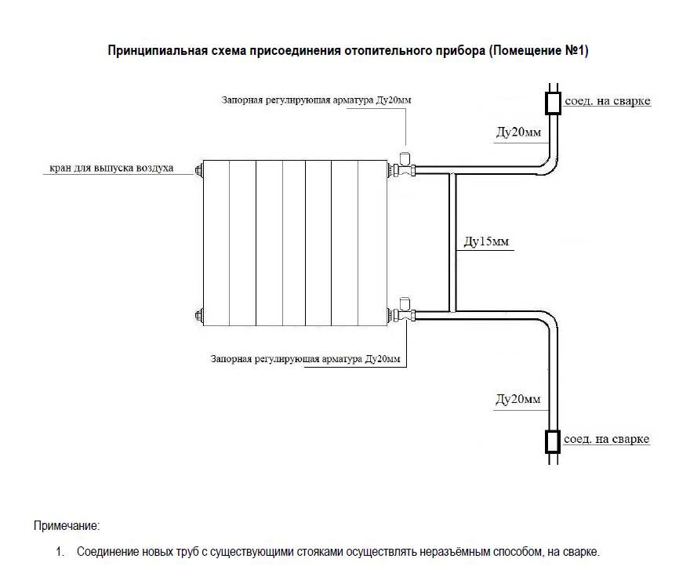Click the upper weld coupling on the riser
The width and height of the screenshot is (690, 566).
point(553,103)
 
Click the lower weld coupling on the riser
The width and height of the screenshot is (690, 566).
point(553,441)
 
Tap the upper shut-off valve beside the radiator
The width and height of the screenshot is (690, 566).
point(405,165)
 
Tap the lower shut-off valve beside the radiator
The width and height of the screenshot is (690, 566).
point(405,310)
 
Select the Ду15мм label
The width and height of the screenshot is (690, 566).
point(486,241)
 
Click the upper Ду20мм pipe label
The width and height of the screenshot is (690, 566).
point(518,132)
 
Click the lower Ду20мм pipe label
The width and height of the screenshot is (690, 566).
point(518,399)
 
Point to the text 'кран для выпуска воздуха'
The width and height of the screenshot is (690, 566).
point(111,168)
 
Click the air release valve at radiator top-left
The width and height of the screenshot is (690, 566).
point(198,170)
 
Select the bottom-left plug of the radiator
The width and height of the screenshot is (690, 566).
point(198,315)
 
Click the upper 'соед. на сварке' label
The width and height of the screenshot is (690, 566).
point(607,101)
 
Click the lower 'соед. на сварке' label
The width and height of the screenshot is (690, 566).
point(606,439)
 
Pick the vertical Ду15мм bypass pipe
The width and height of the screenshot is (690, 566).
point(452,242)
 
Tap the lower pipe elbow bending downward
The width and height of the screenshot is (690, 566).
point(549,321)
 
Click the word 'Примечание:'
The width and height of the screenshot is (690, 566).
point(67,525)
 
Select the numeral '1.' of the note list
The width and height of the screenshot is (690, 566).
point(60,551)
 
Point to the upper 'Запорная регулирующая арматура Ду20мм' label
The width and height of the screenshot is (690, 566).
point(317,100)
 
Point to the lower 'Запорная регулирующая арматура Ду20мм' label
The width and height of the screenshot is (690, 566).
point(305,359)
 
